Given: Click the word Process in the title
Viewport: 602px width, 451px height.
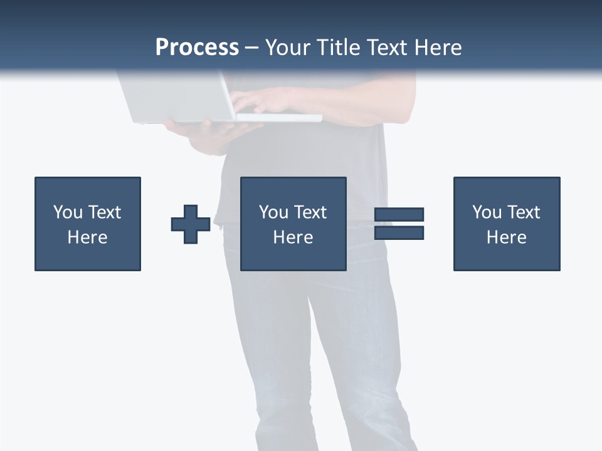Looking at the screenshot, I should (197, 48).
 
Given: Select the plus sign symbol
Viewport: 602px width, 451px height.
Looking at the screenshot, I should (191, 224).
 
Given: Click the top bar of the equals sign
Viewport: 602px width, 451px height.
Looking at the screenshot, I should (399, 214).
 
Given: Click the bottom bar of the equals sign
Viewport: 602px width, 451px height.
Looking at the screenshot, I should (399, 233).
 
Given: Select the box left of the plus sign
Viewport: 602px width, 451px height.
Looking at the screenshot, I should (88, 224).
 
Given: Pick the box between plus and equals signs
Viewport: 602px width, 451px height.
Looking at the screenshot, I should (293, 224).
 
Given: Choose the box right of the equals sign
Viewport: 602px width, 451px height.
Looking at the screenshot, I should (507, 224).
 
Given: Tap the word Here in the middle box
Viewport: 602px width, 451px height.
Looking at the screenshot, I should (293, 237).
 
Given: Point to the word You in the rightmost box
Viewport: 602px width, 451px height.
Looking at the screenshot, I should (487, 212).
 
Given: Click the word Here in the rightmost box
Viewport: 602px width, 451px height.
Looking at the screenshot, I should (506, 237).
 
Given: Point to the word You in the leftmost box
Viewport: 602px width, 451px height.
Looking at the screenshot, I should (68, 212).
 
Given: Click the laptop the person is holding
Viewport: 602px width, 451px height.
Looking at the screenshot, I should (182, 100).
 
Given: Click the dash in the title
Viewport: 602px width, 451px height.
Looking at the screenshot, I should (252, 48).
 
